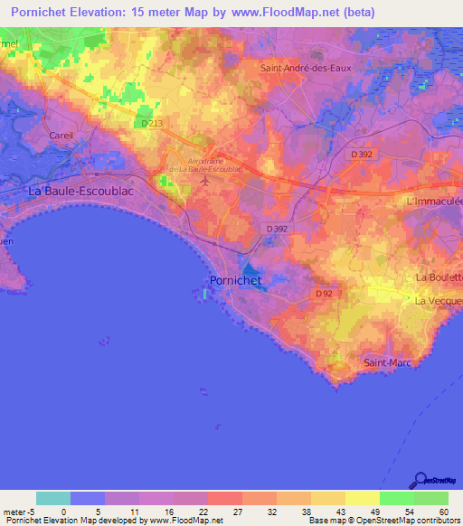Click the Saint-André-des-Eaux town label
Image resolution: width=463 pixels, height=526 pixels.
305,67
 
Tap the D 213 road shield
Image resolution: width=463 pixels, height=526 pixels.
151,123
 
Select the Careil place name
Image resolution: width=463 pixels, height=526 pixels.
61,135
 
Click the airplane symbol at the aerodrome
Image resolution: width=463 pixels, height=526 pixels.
204,181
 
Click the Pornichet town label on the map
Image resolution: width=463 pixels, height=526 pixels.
235,280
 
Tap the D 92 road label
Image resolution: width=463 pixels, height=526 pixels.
326,294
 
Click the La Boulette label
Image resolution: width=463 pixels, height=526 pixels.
438,277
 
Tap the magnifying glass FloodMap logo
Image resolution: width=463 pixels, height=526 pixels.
420,479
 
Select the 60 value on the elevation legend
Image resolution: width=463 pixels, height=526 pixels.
443,512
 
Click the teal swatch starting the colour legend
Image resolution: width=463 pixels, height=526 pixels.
53,498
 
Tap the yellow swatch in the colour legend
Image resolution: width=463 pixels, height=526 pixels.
362,498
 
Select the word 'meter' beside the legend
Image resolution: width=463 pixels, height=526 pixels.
14,512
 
